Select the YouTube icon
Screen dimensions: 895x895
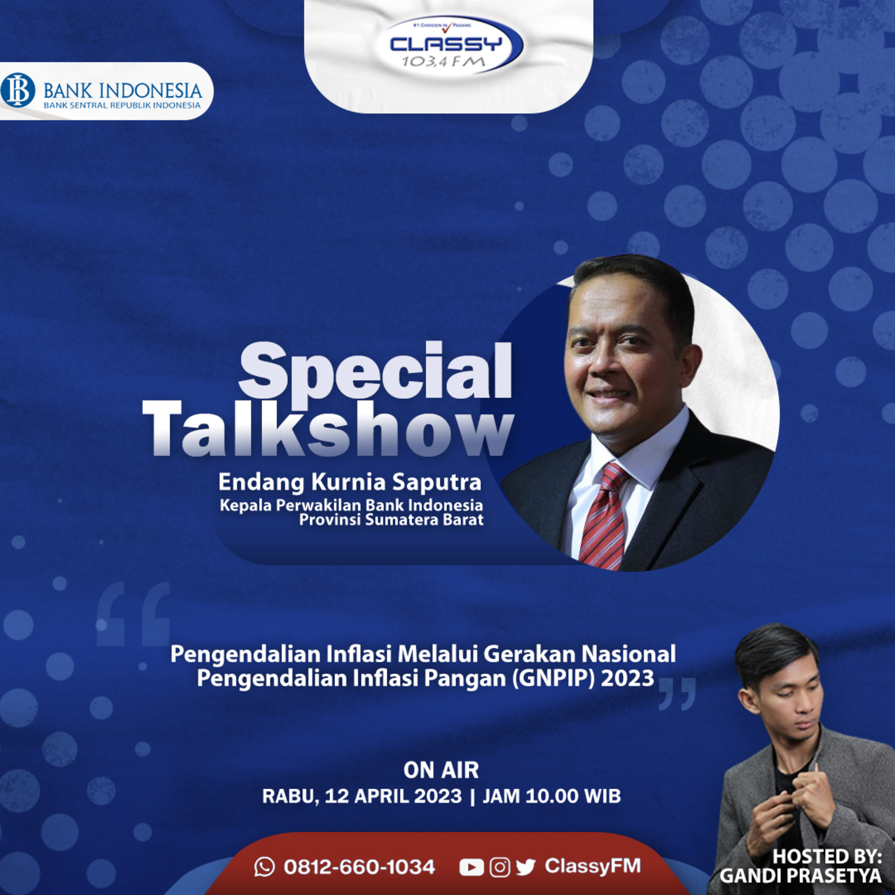472,867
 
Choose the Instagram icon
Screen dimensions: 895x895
500,867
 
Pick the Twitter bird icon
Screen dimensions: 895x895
525,868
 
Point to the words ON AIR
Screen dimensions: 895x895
441,770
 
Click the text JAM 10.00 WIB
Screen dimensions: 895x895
552,796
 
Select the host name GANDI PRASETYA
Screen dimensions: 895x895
800,876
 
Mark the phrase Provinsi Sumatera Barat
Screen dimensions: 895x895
391,520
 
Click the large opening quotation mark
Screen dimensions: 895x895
133,614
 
